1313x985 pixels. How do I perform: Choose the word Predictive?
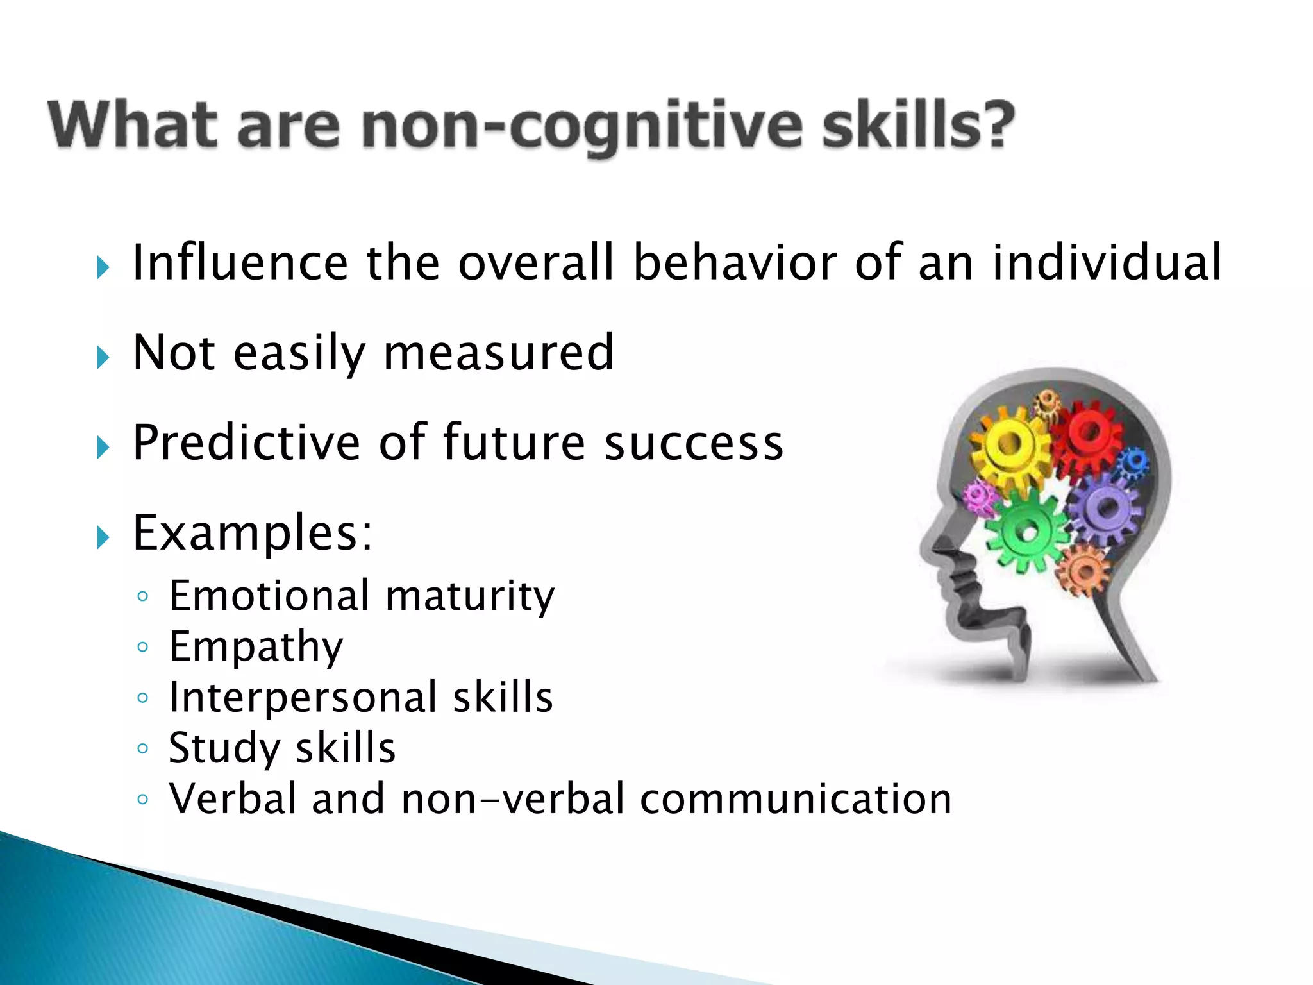pos(246,443)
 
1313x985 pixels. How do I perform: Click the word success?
pos(694,444)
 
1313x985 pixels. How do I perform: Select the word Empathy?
pos(256,648)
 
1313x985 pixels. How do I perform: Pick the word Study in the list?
pos(224,749)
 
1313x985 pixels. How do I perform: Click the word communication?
pos(796,800)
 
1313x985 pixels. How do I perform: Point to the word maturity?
pos(470,597)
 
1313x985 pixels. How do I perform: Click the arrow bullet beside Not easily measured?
pos(103,357)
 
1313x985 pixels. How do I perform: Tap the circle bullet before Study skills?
pos(142,748)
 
